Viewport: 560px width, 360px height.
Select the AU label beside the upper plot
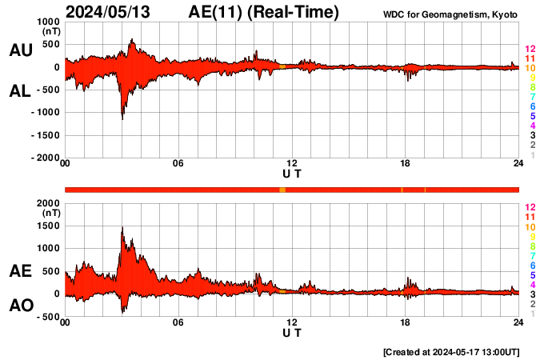pyautogui.click(x=20, y=50)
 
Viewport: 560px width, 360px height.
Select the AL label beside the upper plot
pyautogui.click(x=20, y=91)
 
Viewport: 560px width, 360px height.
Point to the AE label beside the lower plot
pyautogui.click(x=20, y=272)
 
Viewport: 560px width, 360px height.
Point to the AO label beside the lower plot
pyautogui.click(x=20, y=306)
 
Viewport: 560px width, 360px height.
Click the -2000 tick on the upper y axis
pyautogui.click(x=43, y=158)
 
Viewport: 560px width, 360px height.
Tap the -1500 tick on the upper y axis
pyautogui.click(x=43, y=136)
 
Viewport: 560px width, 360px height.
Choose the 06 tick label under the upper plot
pyautogui.click(x=178, y=164)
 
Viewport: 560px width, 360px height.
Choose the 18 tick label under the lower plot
pyautogui.click(x=406, y=322)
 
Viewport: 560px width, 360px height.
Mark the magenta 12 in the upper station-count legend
pyautogui.click(x=530, y=50)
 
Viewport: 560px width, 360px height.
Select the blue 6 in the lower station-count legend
pyautogui.click(x=532, y=265)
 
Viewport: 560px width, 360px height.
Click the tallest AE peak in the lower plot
pyautogui.click(x=122, y=229)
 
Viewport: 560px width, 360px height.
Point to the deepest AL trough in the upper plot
pyautogui.click(x=122, y=118)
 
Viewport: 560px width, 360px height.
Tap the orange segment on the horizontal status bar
pyautogui.click(x=282, y=190)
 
